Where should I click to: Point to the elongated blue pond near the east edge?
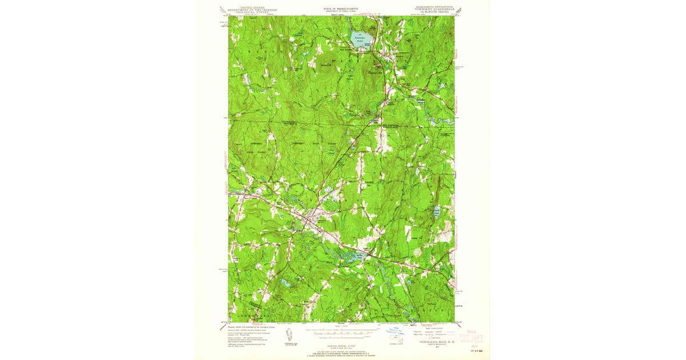[x=436, y=212]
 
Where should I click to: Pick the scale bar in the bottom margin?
[x=342, y=330]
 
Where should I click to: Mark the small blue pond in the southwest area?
[x=284, y=282]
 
